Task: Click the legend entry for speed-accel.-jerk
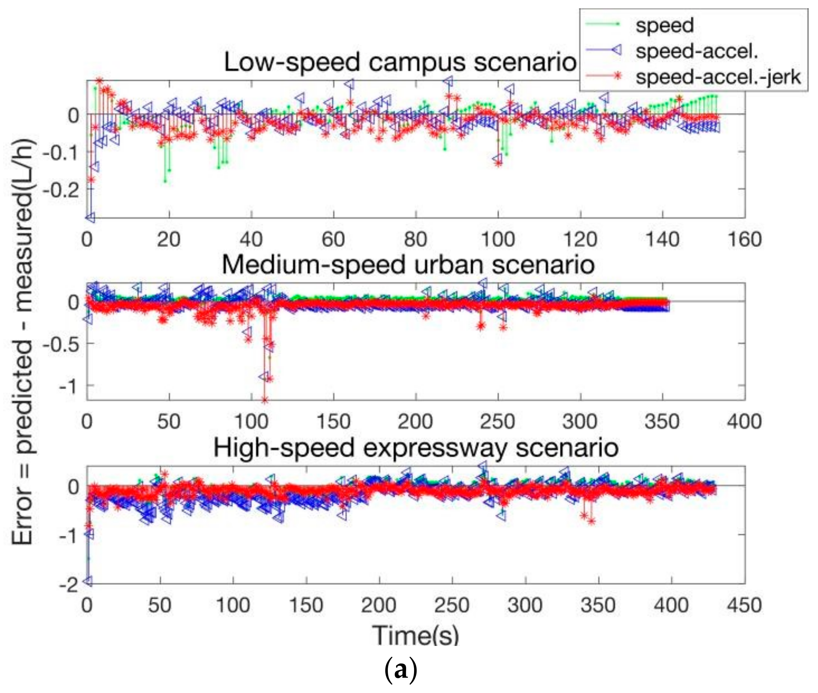coord(717,77)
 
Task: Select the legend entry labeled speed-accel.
coord(697,51)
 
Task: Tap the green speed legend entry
coord(665,25)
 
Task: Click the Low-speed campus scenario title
coord(400,62)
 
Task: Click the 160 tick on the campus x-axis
coord(745,239)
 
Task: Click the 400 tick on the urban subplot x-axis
coord(744,422)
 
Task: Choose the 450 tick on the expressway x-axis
coord(744,605)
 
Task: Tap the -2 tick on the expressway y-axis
coord(69,585)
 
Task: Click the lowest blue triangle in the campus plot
coord(90,217)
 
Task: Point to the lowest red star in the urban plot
coord(265,400)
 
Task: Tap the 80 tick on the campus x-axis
coord(416,239)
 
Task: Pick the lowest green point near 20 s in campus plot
coord(165,181)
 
